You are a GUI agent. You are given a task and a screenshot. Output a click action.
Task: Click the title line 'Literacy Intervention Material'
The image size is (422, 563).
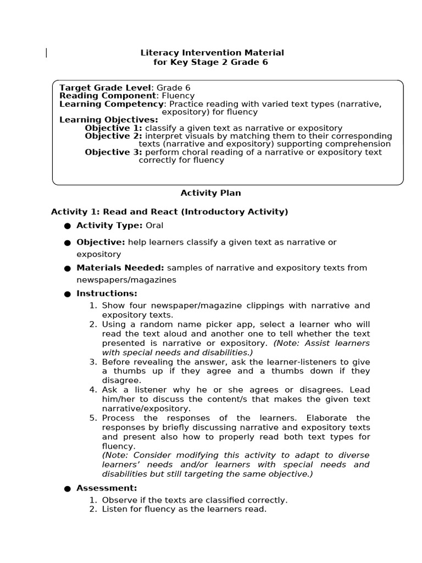(212, 53)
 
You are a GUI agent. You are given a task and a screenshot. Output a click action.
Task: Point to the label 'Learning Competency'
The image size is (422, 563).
(112, 104)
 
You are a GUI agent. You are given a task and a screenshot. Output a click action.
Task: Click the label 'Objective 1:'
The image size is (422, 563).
(113, 128)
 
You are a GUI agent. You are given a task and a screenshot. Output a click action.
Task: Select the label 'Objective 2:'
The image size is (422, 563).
(113, 136)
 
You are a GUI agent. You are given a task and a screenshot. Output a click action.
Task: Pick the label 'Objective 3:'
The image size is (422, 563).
(113, 152)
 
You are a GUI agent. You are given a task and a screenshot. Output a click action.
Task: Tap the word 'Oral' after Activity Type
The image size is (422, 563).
(154, 225)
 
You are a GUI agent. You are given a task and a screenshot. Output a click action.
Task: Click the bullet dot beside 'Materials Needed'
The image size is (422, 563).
(68, 269)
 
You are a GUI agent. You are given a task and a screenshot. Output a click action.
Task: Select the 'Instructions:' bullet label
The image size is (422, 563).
(107, 294)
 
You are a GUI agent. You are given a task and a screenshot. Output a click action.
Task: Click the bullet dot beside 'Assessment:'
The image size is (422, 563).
(68, 489)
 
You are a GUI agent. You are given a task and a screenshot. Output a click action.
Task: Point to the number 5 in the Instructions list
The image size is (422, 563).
(93, 418)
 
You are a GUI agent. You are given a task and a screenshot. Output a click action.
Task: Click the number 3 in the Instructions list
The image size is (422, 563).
(93, 362)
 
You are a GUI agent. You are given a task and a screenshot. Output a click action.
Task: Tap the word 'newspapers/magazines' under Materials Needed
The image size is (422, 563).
(126, 280)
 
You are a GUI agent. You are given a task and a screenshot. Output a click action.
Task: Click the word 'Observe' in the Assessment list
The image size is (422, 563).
(118, 500)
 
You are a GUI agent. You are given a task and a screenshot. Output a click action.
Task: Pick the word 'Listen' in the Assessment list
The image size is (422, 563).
(114, 509)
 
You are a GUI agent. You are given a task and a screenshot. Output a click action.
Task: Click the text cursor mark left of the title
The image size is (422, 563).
(46, 53)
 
